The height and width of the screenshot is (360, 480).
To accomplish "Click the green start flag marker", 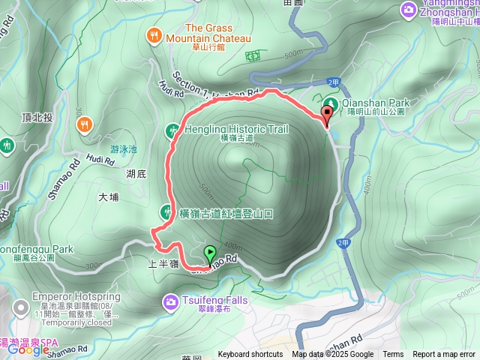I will click(x=210, y=253).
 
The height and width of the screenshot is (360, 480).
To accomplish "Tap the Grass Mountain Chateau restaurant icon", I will click(x=154, y=34).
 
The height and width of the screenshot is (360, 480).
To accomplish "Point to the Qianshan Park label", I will click(x=373, y=101).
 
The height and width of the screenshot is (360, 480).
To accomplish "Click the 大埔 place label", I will click(x=109, y=197).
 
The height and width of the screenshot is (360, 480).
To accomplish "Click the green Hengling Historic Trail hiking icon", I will click(x=171, y=131).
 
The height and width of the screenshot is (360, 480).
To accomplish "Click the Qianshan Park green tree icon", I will click(x=330, y=101).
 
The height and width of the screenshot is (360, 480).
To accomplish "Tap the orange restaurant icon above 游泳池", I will click(x=85, y=123).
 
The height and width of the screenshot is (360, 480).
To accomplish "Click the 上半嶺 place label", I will click(x=163, y=265).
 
